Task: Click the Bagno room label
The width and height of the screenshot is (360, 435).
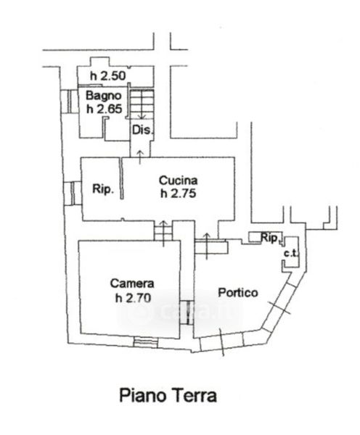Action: tap(104, 96)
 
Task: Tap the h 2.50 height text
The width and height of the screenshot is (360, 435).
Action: tap(108, 75)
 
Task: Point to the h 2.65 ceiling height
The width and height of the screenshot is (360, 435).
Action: tap(105, 109)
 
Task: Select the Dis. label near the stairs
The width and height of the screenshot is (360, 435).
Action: tap(143, 130)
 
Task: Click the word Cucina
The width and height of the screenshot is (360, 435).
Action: tap(178, 181)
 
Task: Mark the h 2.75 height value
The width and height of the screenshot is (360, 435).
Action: tap(178, 194)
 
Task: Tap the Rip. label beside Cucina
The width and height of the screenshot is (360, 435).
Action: tap(103, 189)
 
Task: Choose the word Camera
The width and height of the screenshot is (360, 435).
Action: tap(132, 283)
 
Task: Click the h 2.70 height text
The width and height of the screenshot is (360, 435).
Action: tap(133, 298)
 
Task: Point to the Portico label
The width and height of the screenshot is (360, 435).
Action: tap(238, 293)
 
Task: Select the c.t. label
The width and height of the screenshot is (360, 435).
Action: tap(291, 253)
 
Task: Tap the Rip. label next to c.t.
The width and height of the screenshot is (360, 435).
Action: tap(270, 238)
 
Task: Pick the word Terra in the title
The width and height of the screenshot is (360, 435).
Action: tap(195, 395)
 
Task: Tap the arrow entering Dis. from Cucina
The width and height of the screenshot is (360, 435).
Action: tap(140, 157)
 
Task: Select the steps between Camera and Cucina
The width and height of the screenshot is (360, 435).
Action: tap(163, 233)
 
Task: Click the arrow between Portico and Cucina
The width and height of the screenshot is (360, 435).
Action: tap(206, 246)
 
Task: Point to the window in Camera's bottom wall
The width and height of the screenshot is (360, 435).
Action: tap(145, 341)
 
